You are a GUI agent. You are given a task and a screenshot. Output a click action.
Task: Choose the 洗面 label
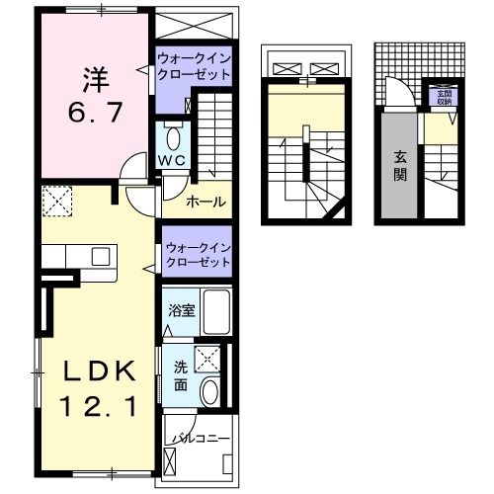click(181, 376)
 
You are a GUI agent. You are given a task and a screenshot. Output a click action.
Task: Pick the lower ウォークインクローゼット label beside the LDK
click(198, 254)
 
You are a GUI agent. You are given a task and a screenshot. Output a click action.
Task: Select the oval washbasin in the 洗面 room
click(210, 392)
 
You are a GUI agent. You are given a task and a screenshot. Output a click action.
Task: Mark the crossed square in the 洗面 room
click(208, 359)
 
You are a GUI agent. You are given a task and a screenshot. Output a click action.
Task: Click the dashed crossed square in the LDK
click(56, 202)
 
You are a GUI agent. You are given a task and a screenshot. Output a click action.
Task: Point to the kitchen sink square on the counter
click(100, 257)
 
